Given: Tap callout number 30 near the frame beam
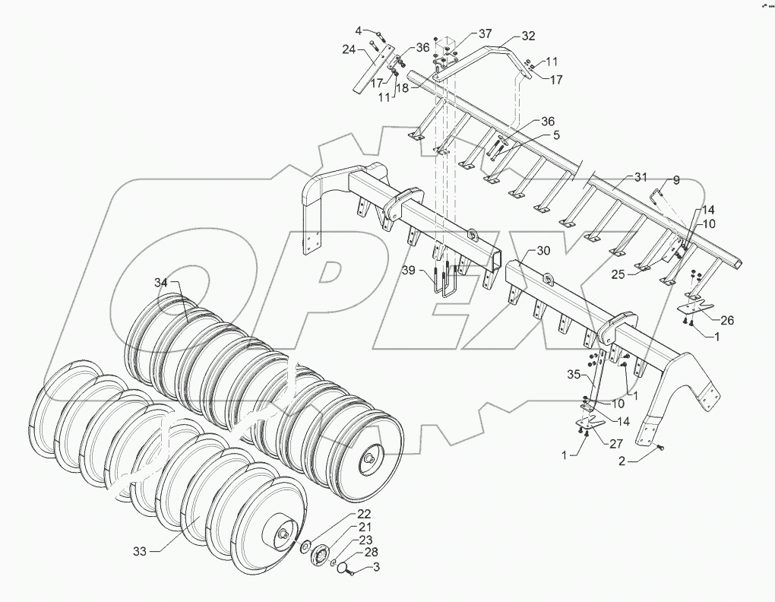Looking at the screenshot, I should [543, 251].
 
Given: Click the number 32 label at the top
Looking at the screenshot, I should [529, 36].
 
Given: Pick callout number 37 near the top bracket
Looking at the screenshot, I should [486, 34].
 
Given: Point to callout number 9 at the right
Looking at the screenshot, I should [676, 181].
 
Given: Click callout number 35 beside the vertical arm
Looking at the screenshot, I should [574, 375].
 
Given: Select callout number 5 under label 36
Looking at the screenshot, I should [556, 135].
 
